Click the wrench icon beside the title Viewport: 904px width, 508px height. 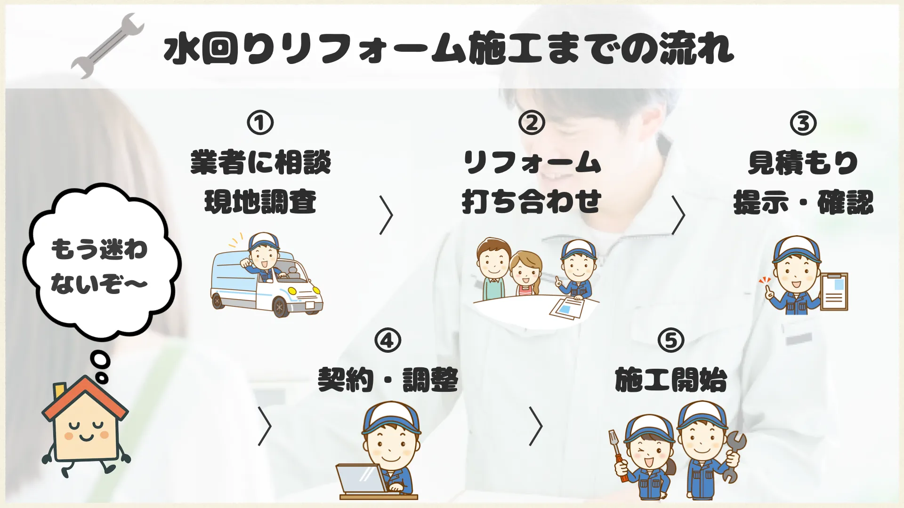[108, 46]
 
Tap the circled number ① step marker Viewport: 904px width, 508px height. [260, 122]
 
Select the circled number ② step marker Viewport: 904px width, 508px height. [532, 122]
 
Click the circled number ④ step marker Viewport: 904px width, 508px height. [387, 340]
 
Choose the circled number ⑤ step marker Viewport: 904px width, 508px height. [671, 340]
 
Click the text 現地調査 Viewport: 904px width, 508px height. [260, 202]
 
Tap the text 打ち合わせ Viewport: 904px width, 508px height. [532, 202]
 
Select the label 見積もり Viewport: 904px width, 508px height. [803, 163]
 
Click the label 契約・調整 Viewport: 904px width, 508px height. [388, 380]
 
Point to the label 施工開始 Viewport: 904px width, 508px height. [671, 380]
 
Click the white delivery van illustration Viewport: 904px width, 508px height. [266, 282]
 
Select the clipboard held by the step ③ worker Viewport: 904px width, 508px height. [834, 292]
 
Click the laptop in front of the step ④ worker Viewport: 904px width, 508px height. [362, 478]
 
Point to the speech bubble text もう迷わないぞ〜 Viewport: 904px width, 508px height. [99, 266]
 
